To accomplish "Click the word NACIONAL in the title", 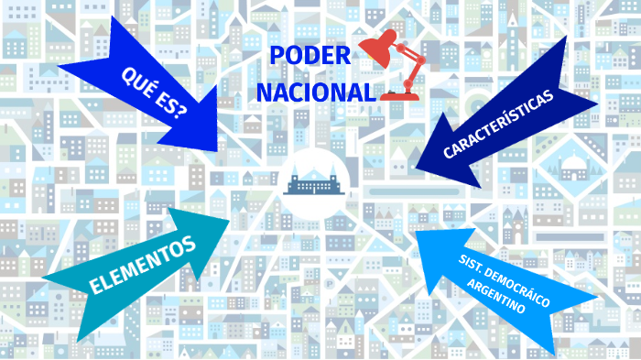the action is [x=316, y=93].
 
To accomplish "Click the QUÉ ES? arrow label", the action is [x=153, y=91].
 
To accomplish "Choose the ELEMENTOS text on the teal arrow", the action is [x=143, y=266].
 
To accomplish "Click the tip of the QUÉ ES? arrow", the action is [x=217, y=149].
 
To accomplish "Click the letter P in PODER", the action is [x=277, y=56].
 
